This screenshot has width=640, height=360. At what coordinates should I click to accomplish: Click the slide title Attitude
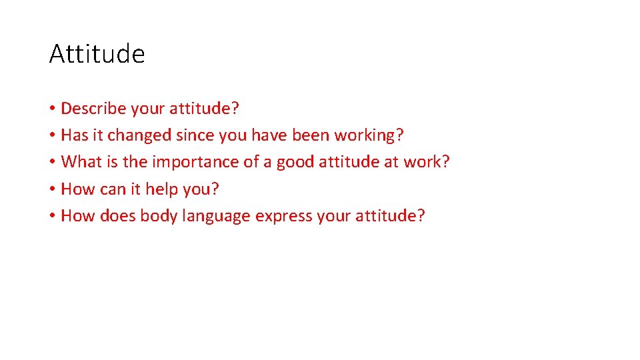[x=97, y=54]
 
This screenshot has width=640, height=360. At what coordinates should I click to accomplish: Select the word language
[x=217, y=217]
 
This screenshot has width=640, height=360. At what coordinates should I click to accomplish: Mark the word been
[x=311, y=135]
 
